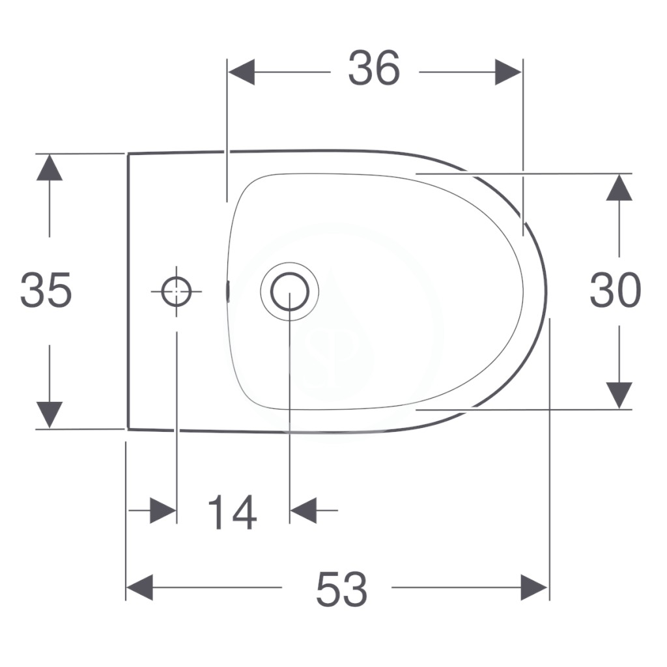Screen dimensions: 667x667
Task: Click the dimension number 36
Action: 374,68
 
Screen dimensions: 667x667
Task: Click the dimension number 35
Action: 46,290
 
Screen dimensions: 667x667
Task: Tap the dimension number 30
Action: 615,290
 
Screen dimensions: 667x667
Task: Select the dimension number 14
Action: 233,512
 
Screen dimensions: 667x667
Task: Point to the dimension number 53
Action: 341,590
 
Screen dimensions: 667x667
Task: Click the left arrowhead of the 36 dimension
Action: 242,72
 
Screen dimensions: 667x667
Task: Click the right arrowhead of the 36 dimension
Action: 508,72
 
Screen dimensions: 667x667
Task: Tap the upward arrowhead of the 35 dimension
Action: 50,167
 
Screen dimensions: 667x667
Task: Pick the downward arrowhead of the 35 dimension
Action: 50,415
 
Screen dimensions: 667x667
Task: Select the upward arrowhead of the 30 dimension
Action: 619,187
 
